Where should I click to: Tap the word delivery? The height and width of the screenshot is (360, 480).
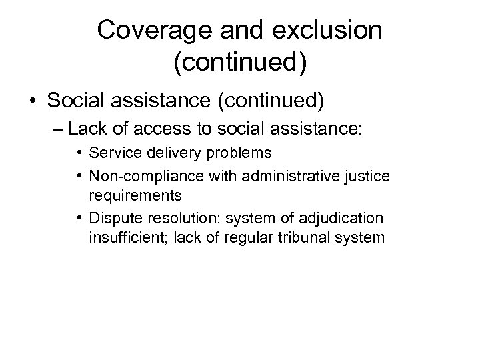[155, 153]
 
